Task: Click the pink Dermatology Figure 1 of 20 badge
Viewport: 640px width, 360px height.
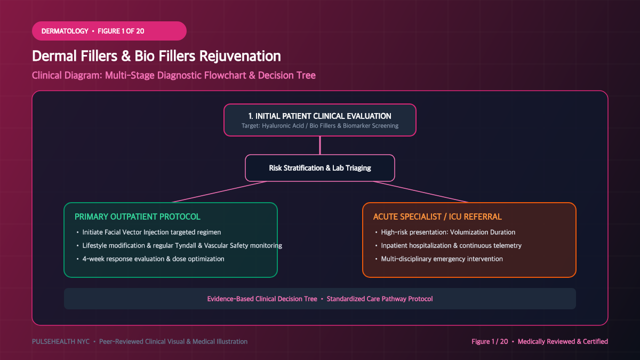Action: (x=109, y=31)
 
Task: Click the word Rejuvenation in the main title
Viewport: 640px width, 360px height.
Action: (x=240, y=56)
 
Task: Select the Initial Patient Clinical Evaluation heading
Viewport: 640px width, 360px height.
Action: (x=319, y=116)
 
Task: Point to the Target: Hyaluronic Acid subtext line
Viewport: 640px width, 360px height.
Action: (x=319, y=126)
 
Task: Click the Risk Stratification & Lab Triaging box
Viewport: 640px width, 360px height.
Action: (x=319, y=168)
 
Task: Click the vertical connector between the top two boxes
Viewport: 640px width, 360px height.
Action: (x=320, y=146)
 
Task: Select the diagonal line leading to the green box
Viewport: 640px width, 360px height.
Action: (x=219, y=192)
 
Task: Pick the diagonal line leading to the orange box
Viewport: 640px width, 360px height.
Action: (x=421, y=192)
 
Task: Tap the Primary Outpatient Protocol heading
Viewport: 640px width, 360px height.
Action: (x=138, y=217)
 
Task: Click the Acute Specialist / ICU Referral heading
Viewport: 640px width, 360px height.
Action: (x=437, y=217)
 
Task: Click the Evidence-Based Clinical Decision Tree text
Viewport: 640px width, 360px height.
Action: (x=262, y=299)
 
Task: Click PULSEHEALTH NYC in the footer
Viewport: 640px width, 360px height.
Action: (x=61, y=342)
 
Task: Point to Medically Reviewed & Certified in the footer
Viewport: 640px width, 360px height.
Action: (x=563, y=342)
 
